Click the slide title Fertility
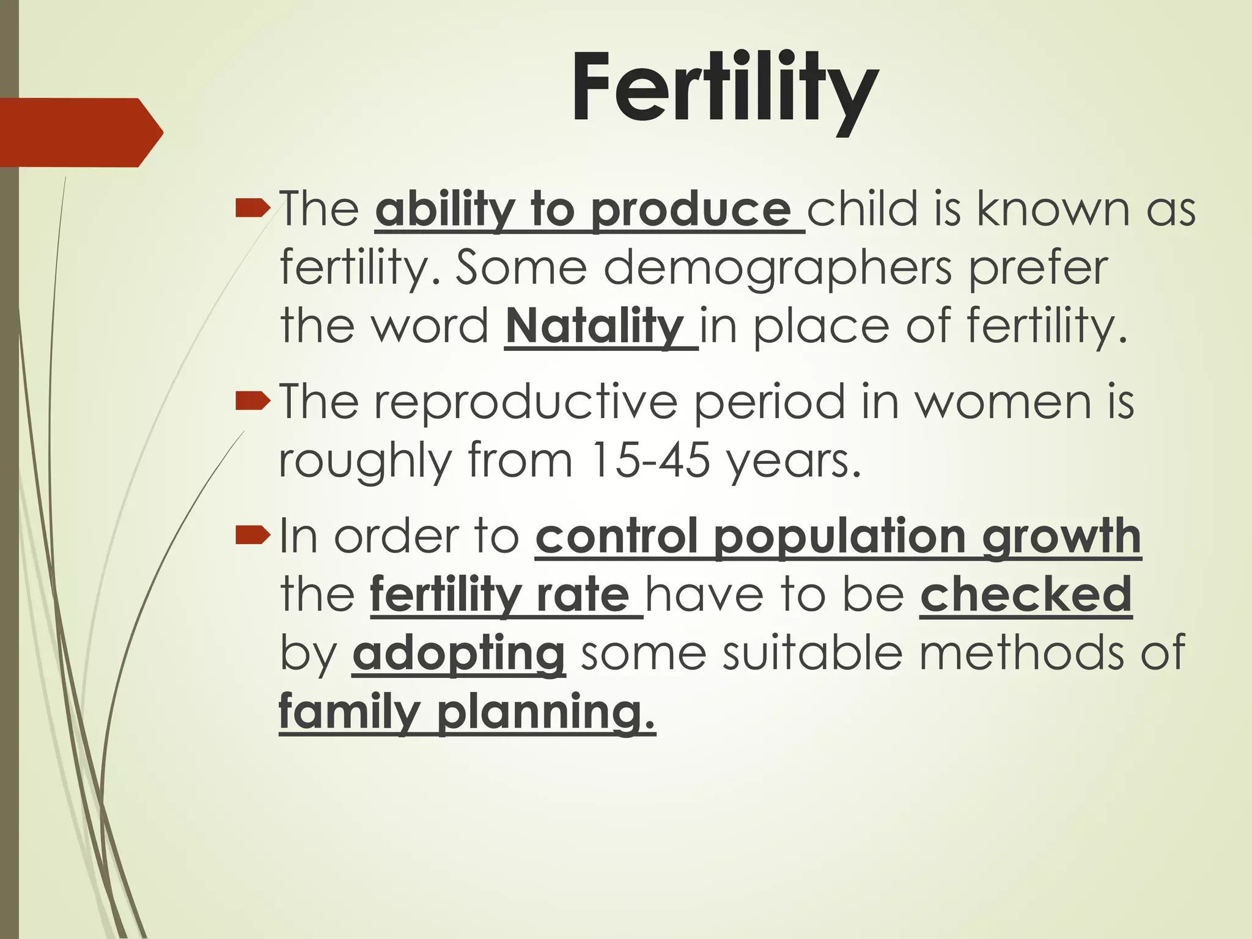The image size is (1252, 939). pyautogui.click(x=724, y=90)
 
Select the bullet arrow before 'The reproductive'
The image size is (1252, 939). pyautogui.click(x=252, y=402)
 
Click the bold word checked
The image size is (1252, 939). pyautogui.click(x=1026, y=595)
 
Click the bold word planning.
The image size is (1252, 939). pyautogui.click(x=546, y=712)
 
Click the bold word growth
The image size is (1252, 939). pyautogui.click(x=1061, y=536)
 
